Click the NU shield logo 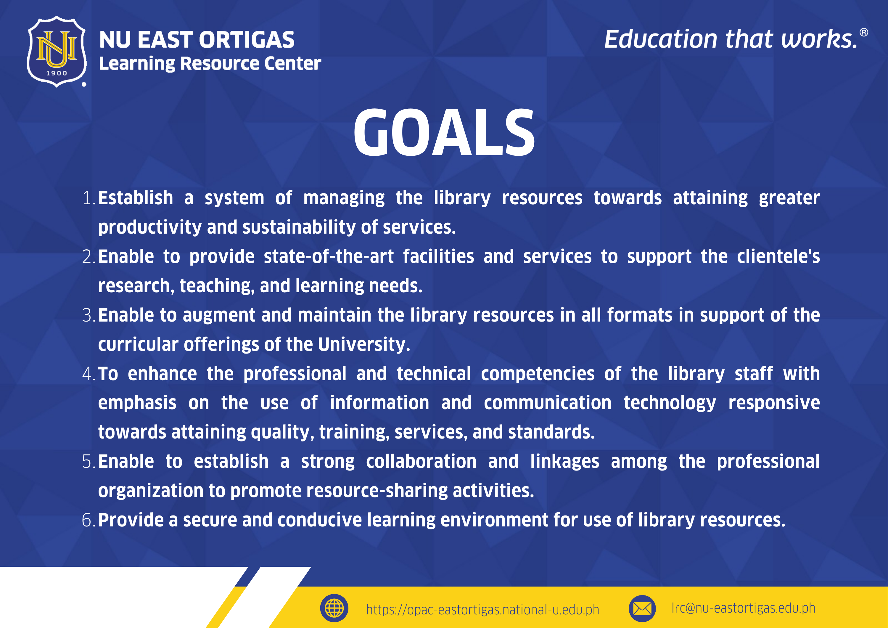57,52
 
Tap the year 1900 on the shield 57,73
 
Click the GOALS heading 444,132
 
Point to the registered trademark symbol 864,33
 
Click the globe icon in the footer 334,608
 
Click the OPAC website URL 482,609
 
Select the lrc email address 743,608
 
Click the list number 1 89,198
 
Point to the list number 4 89,374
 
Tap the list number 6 89,520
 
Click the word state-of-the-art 328,256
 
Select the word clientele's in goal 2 778,256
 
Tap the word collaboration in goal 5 421,461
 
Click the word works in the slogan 819,39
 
